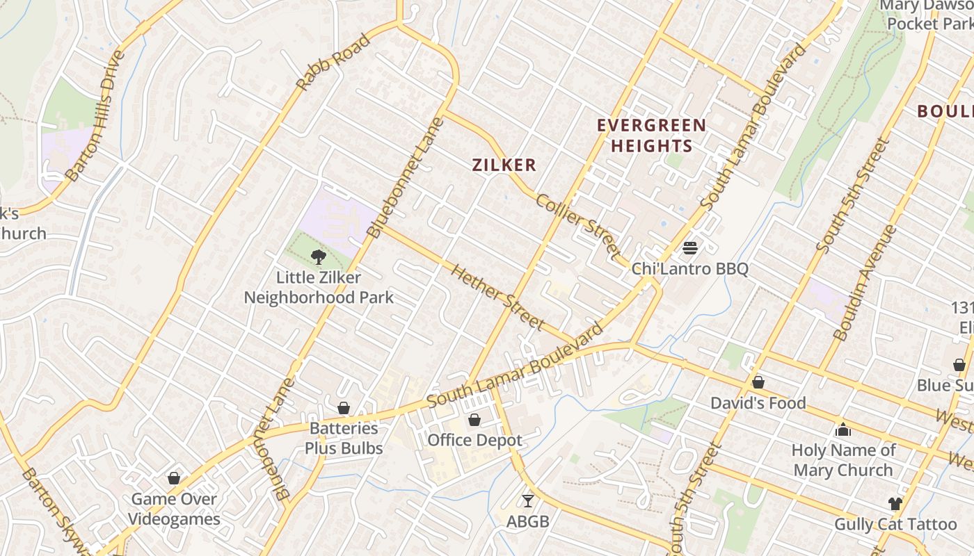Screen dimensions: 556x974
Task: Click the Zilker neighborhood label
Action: click(x=504, y=165)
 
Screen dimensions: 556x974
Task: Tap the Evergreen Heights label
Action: click(x=652, y=136)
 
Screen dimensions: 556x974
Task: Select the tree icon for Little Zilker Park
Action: click(x=318, y=257)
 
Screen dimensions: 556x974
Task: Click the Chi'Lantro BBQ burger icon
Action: click(x=690, y=247)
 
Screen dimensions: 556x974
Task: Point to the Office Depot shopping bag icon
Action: click(x=474, y=420)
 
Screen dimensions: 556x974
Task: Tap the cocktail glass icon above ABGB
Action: click(x=528, y=500)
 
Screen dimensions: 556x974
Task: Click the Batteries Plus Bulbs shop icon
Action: click(x=344, y=408)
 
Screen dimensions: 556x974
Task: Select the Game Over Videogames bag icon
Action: click(x=174, y=478)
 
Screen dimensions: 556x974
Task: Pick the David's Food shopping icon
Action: click(x=758, y=382)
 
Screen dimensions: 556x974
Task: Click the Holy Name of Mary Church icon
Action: click(x=843, y=430)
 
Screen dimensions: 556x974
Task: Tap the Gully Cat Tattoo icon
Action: click(x=895, y=504)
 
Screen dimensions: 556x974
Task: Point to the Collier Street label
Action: click(x=577, y=224)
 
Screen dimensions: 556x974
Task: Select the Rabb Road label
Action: click(x=333, y=63)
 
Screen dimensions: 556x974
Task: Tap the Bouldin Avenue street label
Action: click(x=864, y=282)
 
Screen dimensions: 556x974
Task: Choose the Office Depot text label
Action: click(x=474, y=440)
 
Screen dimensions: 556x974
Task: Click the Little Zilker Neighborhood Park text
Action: click(x=319, y=288)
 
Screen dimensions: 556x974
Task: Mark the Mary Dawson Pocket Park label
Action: click(x=928, y=15)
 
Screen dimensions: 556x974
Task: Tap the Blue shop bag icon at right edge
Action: click(x=959, y=365)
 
